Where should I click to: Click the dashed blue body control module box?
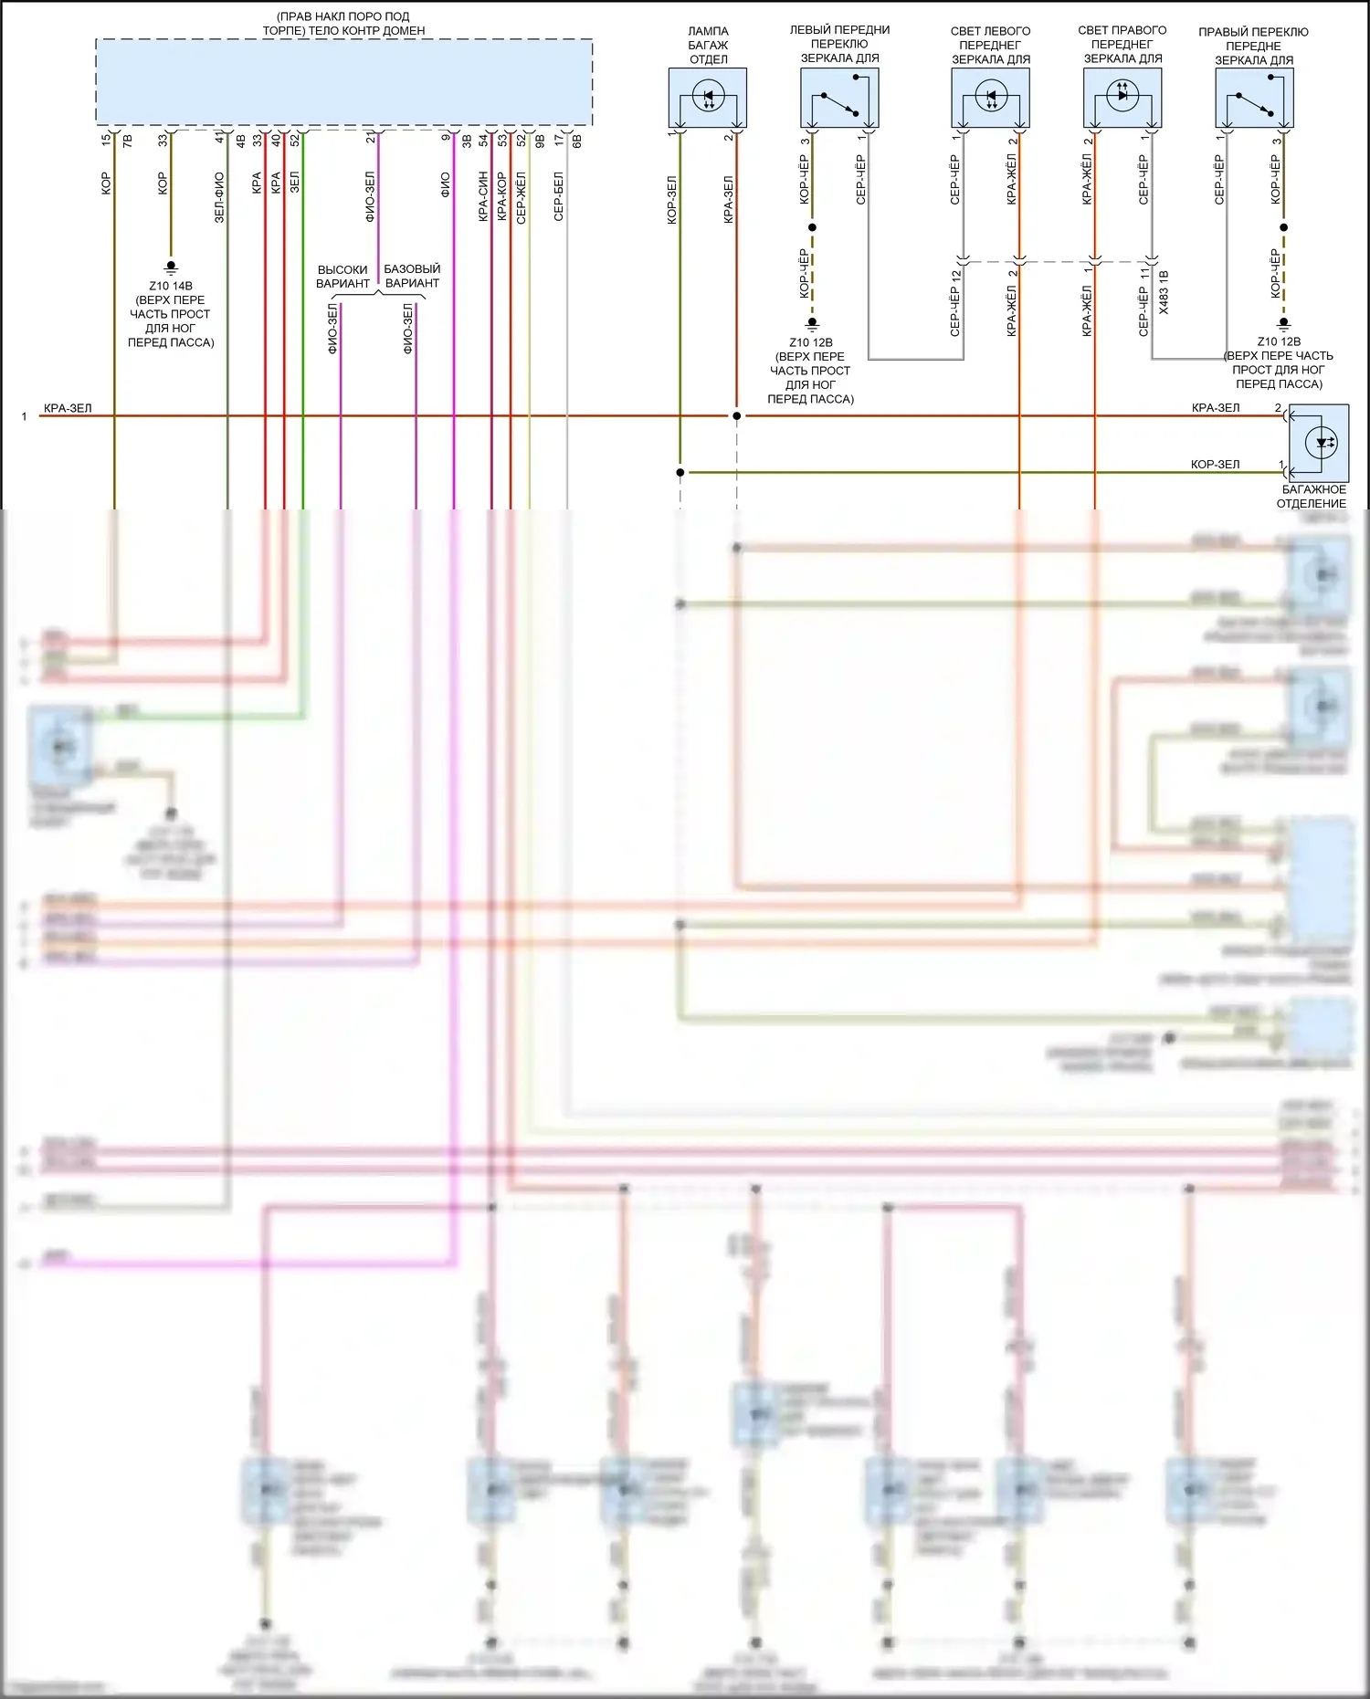pyautogui.click(x=343, y=82)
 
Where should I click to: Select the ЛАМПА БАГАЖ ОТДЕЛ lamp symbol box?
pyautogui.click(x=708, y=98)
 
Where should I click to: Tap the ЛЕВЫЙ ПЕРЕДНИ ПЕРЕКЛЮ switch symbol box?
pyautogui.click(x=839, y=98)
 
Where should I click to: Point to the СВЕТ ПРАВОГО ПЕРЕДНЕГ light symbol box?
pyautogui.click(x=1122, y=98)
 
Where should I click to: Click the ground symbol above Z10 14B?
pyautogui.click(x=170, y=267)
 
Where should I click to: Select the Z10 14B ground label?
pyautogui.click(x=171, y=286)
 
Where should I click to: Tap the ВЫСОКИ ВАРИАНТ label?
pyautogui.click(x=342, y=277)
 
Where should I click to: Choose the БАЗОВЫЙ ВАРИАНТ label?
pyautogui.click(x=412, y=276)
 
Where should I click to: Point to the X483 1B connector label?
pyautogui.click(x=1164, y=292)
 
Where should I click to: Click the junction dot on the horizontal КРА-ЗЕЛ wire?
pyautogui.click(x=737, y=416)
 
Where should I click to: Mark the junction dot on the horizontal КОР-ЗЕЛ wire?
pyautogui.click(x=680, y=473)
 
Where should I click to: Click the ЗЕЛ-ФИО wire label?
pyautogui.click(x=219, y=197)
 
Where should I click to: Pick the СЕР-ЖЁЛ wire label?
pyautogui.click(x=522, y=198)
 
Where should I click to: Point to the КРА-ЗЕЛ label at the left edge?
pyautogui.click(x=68, y=408)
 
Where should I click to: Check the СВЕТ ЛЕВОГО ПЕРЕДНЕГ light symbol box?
pyautogui.click(x=991, y=98)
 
